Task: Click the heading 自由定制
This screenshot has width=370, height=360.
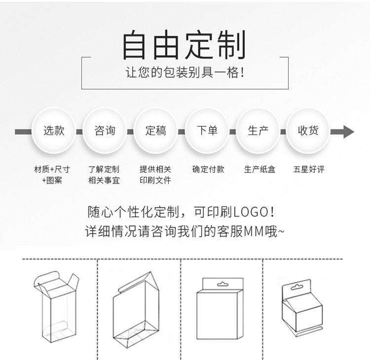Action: click(184, 45)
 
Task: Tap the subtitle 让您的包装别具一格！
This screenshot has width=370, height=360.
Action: click(185, 73)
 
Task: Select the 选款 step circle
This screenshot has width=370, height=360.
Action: click(54, 131)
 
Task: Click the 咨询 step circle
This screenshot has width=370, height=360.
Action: click(105, 131)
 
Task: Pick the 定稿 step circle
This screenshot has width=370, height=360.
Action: click(156, 131)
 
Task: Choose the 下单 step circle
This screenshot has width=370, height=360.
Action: click(207, 131)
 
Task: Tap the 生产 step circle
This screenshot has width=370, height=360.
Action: click(258, 131)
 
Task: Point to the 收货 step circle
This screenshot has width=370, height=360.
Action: click(308, 131)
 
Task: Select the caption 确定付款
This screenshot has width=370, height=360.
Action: click(208, 169)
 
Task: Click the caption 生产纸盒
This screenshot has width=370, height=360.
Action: click(259, 169)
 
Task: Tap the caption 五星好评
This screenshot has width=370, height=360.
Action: click(309, 169)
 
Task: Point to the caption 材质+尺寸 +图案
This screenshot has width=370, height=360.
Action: click(52, 175)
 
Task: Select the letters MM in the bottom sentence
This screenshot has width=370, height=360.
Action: click(255, 231)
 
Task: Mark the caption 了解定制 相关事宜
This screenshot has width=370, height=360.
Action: click(104, 175)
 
